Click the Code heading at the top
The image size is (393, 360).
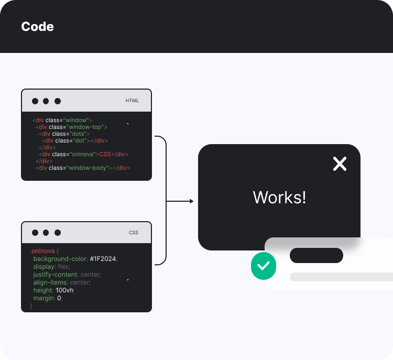click(x=37, y=26)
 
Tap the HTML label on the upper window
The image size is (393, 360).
click(x=132, y=100)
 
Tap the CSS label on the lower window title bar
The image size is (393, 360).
click(x=134, y=232)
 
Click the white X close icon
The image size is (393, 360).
click(x=340, y=164)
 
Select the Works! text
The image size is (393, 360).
click(x=279, y=198)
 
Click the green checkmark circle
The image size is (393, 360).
click(x=263, y=266)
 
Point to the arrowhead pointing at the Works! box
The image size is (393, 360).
click(x=191, y=201)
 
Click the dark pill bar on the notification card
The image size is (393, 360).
click(x=316, y=256)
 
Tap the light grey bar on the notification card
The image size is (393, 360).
click(x=341, y=277)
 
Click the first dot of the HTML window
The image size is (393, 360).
click(x=35, y=101)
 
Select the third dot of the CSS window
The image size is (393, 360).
click(x=58, y=233)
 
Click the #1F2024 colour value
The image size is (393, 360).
click(x=103, y=259)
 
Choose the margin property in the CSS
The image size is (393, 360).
click(x=43, y=298)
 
